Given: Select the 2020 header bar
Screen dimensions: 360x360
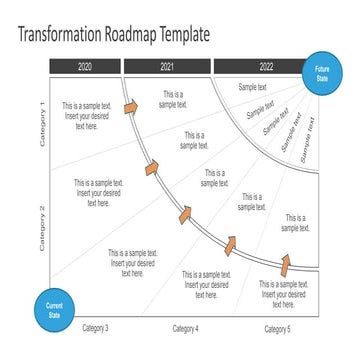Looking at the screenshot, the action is [x=84, y=67].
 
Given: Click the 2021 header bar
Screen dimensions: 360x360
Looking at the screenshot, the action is [x=166, y=67].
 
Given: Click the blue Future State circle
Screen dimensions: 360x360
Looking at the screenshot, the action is [x=322, y=73].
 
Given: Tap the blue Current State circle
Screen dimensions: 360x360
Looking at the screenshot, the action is [x=54, y=310].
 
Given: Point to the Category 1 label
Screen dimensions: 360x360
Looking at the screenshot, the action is [x=42, y=124].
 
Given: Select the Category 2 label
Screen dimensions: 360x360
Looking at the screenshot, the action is [x=42, y=228].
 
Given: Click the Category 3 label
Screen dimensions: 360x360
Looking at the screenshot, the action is [x=96, y=328].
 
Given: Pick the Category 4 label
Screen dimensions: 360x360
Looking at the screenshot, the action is [x=186, y=328].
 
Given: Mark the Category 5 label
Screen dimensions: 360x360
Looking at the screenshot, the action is [x=277, y=328].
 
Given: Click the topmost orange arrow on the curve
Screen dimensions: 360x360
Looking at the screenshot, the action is [x=131, y=107].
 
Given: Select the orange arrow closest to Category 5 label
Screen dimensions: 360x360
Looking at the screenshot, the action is [x=284, y=264].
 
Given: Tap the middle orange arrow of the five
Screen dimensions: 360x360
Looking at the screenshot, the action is [x=185, y=213].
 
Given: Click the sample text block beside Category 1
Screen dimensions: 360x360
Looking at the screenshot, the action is [x=86, y=115].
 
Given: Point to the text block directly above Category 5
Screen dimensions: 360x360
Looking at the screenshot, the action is [x=283, y=288].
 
